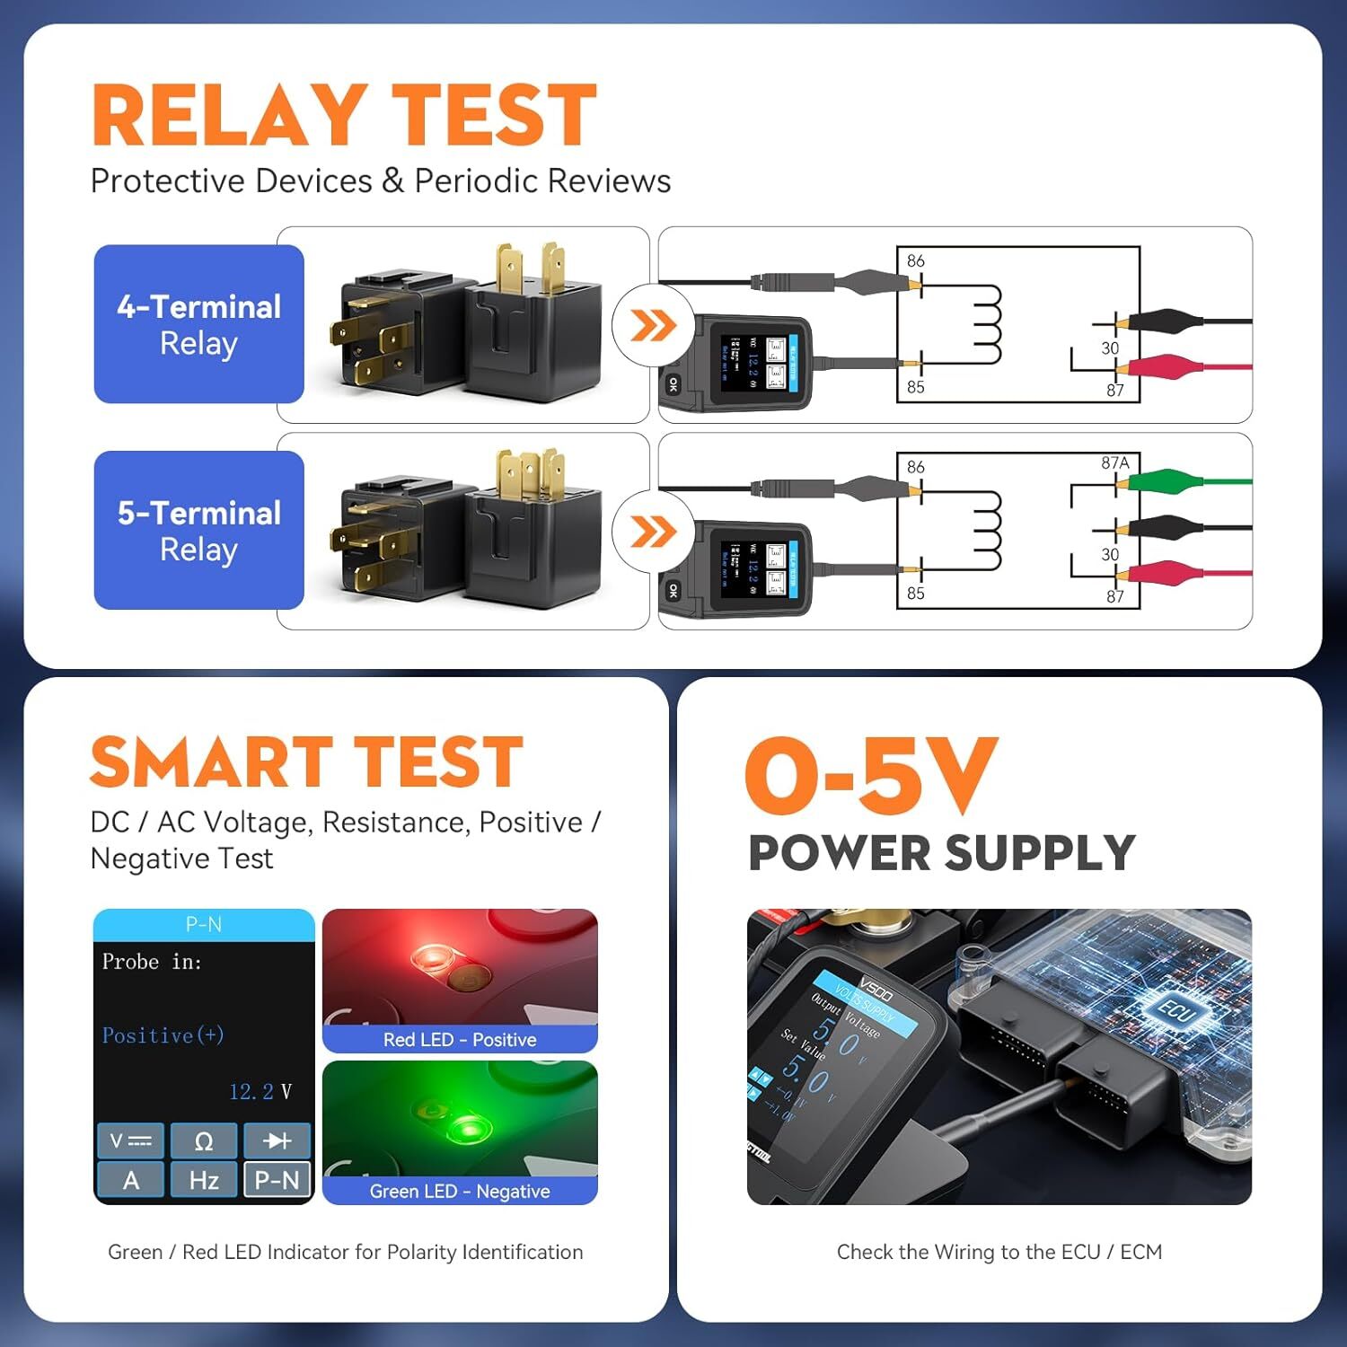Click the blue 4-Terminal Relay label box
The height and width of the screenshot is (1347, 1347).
tap(198, 324)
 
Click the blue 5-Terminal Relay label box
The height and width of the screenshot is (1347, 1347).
tap(198, 530)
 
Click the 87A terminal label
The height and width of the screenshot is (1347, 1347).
tap(1114, 462)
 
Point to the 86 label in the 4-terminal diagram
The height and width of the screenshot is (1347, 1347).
tap(915, 261)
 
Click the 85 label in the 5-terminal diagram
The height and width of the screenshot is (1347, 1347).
tap(915, 594)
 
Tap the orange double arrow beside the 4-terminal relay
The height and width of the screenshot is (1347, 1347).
tap(653, 325)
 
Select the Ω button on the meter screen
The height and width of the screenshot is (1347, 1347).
tap(204, 1141)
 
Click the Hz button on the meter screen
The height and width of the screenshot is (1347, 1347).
tap(204, 1180)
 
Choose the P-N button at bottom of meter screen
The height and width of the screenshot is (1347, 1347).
tap(277, 1180)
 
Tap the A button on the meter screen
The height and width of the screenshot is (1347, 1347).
tap(131, 1180)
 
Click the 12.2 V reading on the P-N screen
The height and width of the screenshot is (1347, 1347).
tap(260, 1092)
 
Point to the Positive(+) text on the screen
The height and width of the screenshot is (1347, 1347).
tap(163, 1035)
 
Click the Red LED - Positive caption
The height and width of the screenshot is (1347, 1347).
tap(460, 1040)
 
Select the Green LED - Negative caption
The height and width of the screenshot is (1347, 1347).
tap(460, 1192)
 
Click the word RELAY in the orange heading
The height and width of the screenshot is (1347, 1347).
tap(230, 116)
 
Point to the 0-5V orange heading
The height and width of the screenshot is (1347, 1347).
tap(871, 775)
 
